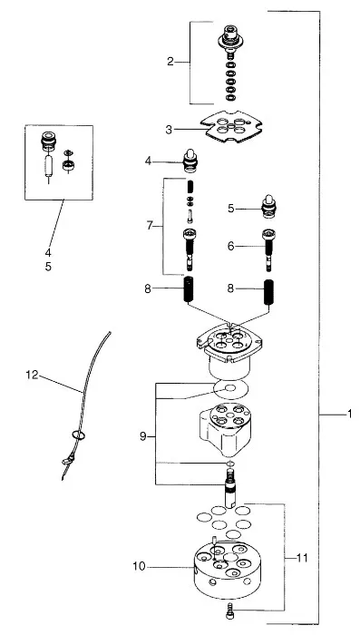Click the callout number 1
pyautogui.click(x=349, y=415)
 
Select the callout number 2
pyautogui.click(x=170, y=62)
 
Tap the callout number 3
pyautogui.click(x=169, y=130)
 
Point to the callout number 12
pyautogui.click(x=32, y=375)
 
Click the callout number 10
pyautogui.click(x=139, y=567)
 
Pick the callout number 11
pyautogui.click(x=302, y=559)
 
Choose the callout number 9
pyautogui.click(x=142, y=436)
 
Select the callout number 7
pyautogui.click(x=150, y=226)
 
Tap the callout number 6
pyautogui.click(x=231, y=246)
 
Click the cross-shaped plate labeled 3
pyautogui.click(x=231, y=126)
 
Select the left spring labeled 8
pyautogui.click(x=190, y=289)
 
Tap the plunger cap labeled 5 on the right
pyautogui.click(x=268, y=207)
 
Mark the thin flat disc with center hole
pyautogui.click(x=230, y=389)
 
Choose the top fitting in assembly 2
pyautogui.click(x=230, y=38)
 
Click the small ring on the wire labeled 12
pyautogui.click(x=79, y=435)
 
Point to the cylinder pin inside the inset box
pyautogui.click(x=49, y=165)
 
